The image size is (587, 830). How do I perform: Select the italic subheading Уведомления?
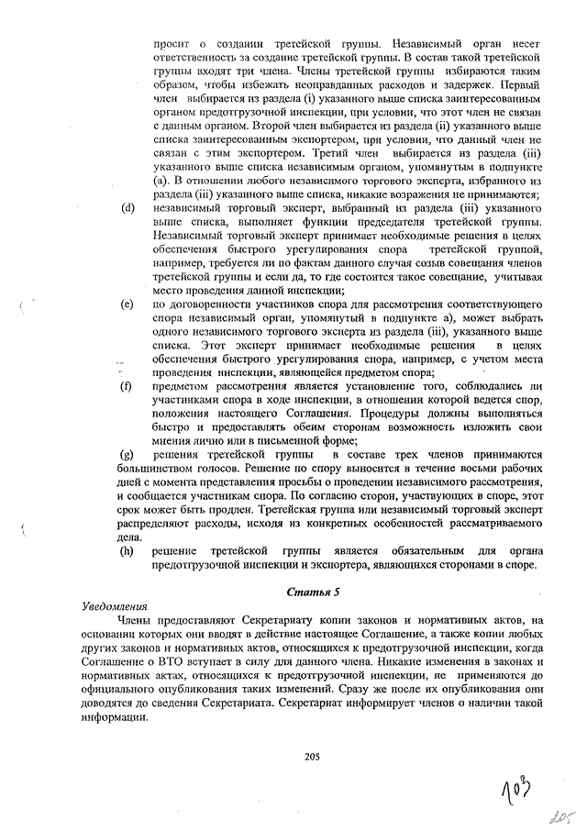[x=112, y=607]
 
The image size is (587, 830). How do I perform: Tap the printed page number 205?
[x=310, y=756]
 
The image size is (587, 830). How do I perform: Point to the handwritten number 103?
[x=519, y=785]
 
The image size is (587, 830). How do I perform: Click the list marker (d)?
[x=128, y=208]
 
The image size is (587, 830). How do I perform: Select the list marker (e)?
[x=128, y=304]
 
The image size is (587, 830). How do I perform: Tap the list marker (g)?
[x=128, y=456]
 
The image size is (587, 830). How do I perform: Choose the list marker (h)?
[x=128, y=551]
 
